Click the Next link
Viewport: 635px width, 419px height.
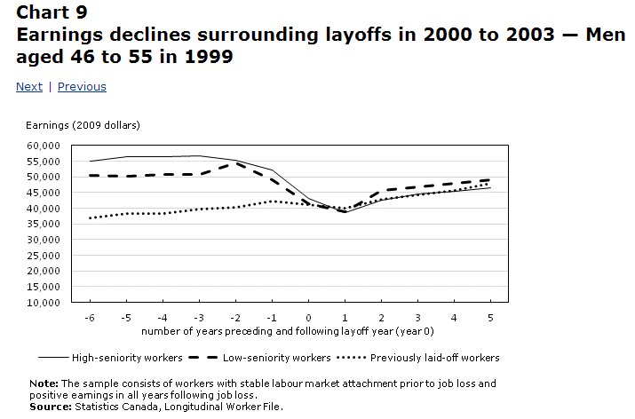coord(29,87)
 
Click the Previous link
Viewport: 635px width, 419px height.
coord(82,87)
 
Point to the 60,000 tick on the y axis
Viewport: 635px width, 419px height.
coord(43,146)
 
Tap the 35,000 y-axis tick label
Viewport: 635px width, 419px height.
coord(43,224)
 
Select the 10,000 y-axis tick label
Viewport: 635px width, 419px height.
coord(43,303)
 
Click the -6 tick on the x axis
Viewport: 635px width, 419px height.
coord(90,317)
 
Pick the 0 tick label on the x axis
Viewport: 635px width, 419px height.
coord(308,317)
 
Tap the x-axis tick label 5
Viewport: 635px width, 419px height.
coord(490,317)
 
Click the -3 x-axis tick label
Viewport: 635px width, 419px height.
coord(199,317)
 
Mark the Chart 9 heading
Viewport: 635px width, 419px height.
coord(52,12)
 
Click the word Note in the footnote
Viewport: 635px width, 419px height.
coord(43,383)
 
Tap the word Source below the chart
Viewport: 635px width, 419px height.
coord(48,406)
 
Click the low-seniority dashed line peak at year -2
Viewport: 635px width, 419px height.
coord(235,163)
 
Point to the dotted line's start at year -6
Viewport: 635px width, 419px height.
coord(91,217)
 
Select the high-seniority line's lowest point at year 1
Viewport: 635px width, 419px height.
coord(345,212)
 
